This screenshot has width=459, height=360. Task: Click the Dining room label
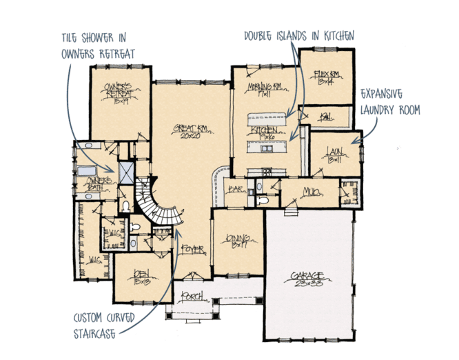236,240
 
